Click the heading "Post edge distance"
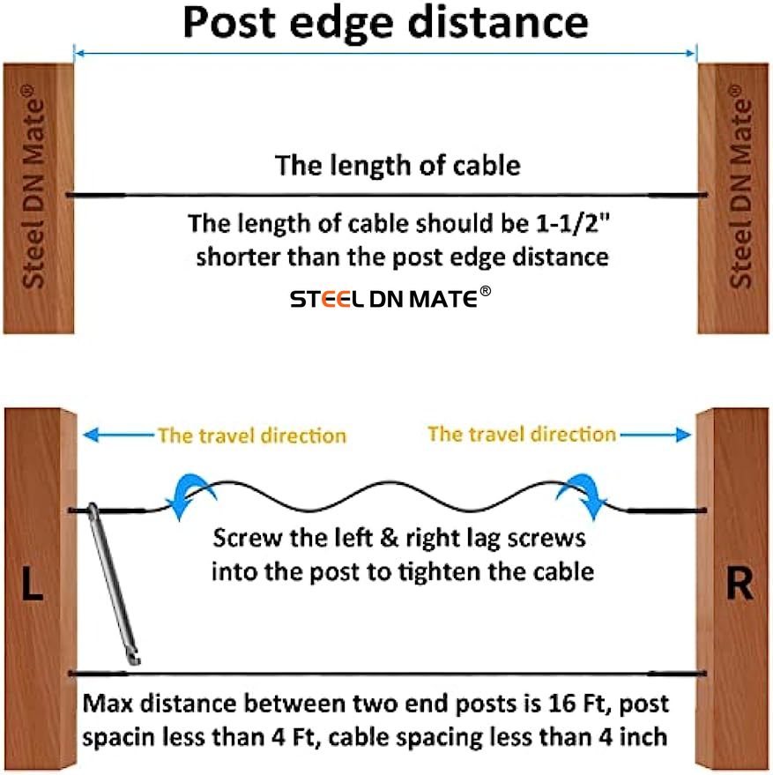tap(385, 22)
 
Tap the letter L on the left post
tap(32, 585)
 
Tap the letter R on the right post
tap(740, 585)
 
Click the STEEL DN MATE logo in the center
tap(390, 300)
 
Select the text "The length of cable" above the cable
tap(398, 165)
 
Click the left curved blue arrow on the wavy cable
tap(190, 495)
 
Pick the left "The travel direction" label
tap(252, 436)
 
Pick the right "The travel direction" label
tap(522, 434)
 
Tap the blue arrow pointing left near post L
tap(118, 435)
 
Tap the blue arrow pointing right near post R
tap(656, 434)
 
